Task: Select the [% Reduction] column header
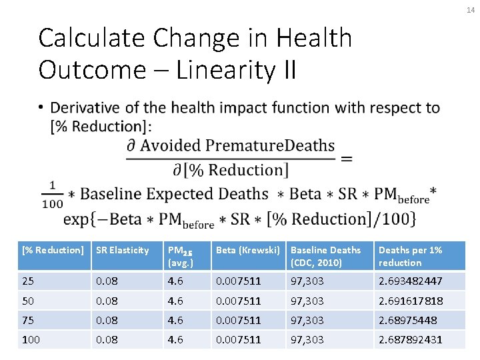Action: point(53,250)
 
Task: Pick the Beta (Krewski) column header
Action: point(246,250)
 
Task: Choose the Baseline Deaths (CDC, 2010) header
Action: point(326,256)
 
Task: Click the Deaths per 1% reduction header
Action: point(410,256)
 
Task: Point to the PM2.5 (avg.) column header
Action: point(180,256)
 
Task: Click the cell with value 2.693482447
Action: point(410,281)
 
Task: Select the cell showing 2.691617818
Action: point(410,301)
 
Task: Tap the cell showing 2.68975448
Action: point(407,320)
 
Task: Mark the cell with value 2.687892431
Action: point(410,339)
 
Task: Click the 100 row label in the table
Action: point(31,339)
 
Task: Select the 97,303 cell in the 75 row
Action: point(307,320)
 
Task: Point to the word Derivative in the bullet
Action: point(83,108)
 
